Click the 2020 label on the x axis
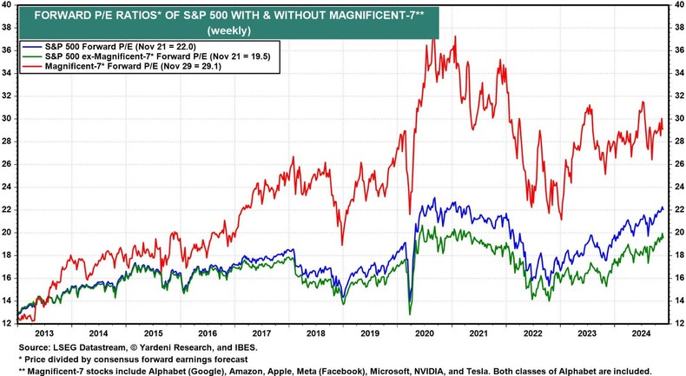[x=425, y=333]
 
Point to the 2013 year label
[x=45, y=333]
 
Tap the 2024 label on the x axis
[x=641, y=333]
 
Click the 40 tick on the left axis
[x=9, y=6]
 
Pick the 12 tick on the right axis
[x=676, y=323]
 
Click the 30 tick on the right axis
[x=676, y=119]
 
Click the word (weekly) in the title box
[x=225, y=30]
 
